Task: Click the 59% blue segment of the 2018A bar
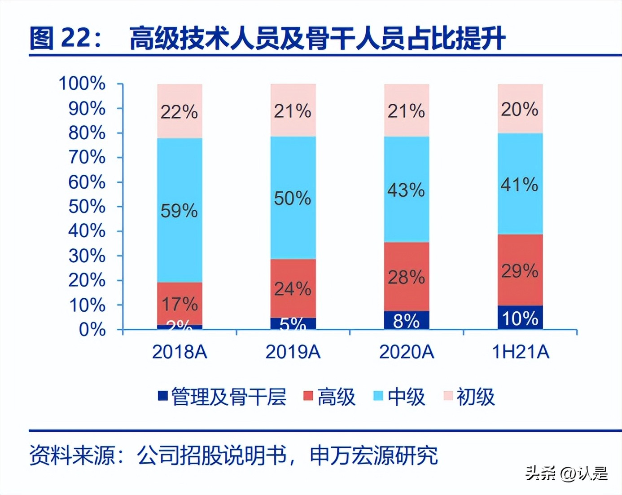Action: pyautogui.click(x=180, y=210)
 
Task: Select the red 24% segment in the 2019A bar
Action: pyautogui.click(x=293, y=288)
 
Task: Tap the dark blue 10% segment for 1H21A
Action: pyautogui.click(x=520, y=318)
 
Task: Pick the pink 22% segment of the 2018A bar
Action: pyautogui.click(x=180, y=111)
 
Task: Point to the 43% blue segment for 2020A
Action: pyautogui.click(x=407, y=190)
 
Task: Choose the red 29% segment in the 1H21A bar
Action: pyautogui.click(x=520, y=270)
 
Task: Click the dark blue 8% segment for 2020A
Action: pyautogui.click(x=407, y=320)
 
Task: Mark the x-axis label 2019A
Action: pyautogui.click(x=293, y=352)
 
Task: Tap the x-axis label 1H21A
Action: pyautogui.click(x=521, y=352)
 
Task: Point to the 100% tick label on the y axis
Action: pyautogui.click(x=82, y=84)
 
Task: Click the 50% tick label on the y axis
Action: pyautogui.click(x=87, y=207)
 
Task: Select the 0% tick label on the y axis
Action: pyautogui.click(x=92, y=330)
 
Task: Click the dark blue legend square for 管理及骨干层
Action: pyautogui.click(x=163, y=396)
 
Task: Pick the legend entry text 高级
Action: pyautogui.click(x=336, y=397)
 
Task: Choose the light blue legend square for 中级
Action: pyautogui.click(x=378, y=396)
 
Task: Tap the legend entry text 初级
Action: pyautogui.click(x=475, y=397)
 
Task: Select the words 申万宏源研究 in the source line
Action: pyautogui.click(x=373, y=455)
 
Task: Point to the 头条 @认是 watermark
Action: pyautogui.click(x=566, y=473)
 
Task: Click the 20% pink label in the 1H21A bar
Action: pyautogui.click(x=520, y=109)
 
